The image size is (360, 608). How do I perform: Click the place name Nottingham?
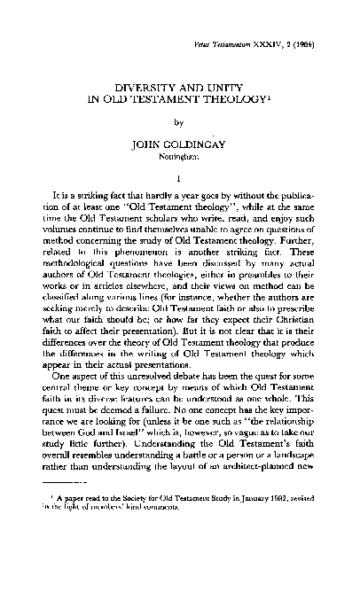180,160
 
